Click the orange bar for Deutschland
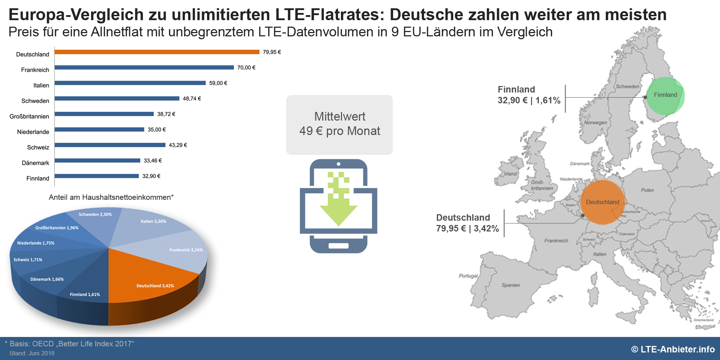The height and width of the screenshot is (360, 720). [157, 52]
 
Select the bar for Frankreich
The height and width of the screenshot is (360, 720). [144, 67]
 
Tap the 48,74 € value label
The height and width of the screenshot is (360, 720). [192, 99]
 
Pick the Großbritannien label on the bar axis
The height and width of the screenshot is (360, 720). [29, 116]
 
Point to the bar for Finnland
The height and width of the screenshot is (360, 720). [96, 176]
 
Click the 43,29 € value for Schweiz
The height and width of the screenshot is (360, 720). [178, 145]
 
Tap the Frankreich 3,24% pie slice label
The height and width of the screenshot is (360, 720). [186, 250]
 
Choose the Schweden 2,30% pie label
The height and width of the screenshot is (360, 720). [95, 215]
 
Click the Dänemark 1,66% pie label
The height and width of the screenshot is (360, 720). [47, 279]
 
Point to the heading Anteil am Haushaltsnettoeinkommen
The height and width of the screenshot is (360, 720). [111, 197]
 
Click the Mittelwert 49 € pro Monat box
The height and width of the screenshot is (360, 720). [339, 124]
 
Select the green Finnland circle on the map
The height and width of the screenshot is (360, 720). [665, 95]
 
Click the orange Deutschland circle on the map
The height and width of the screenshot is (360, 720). [602, 202]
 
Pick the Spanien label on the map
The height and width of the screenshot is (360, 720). [510, 285]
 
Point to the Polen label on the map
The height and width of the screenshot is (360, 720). [647, 190]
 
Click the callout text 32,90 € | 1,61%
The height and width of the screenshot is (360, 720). [529, 100]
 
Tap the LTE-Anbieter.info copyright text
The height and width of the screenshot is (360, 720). [673, 349]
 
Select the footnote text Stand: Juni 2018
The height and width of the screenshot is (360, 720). [32, 353]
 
